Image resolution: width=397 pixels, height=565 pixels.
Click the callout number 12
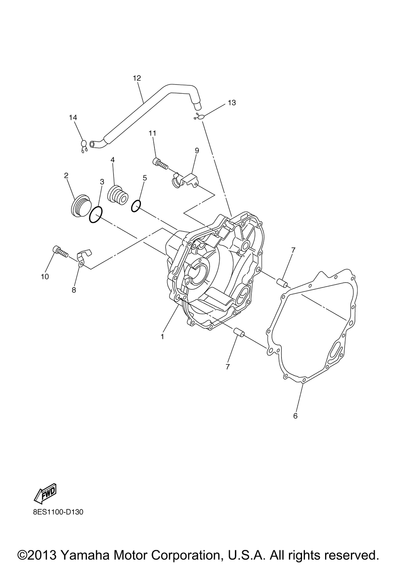click(x=137, y=78)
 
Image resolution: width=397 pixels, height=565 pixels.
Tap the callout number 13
click(x=232, y=103)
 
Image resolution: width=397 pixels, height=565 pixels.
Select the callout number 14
click(x=73, y=118)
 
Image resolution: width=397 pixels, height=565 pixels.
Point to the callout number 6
click(x=295, y=416)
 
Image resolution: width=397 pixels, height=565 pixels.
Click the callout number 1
click(x=162, y=336)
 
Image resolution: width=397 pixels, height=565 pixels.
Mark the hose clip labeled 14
click(x=84, y=146)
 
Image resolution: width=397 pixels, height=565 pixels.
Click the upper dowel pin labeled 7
click(x=283, y=283)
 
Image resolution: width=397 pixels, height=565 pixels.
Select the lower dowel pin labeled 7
click(x=239, y=332)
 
